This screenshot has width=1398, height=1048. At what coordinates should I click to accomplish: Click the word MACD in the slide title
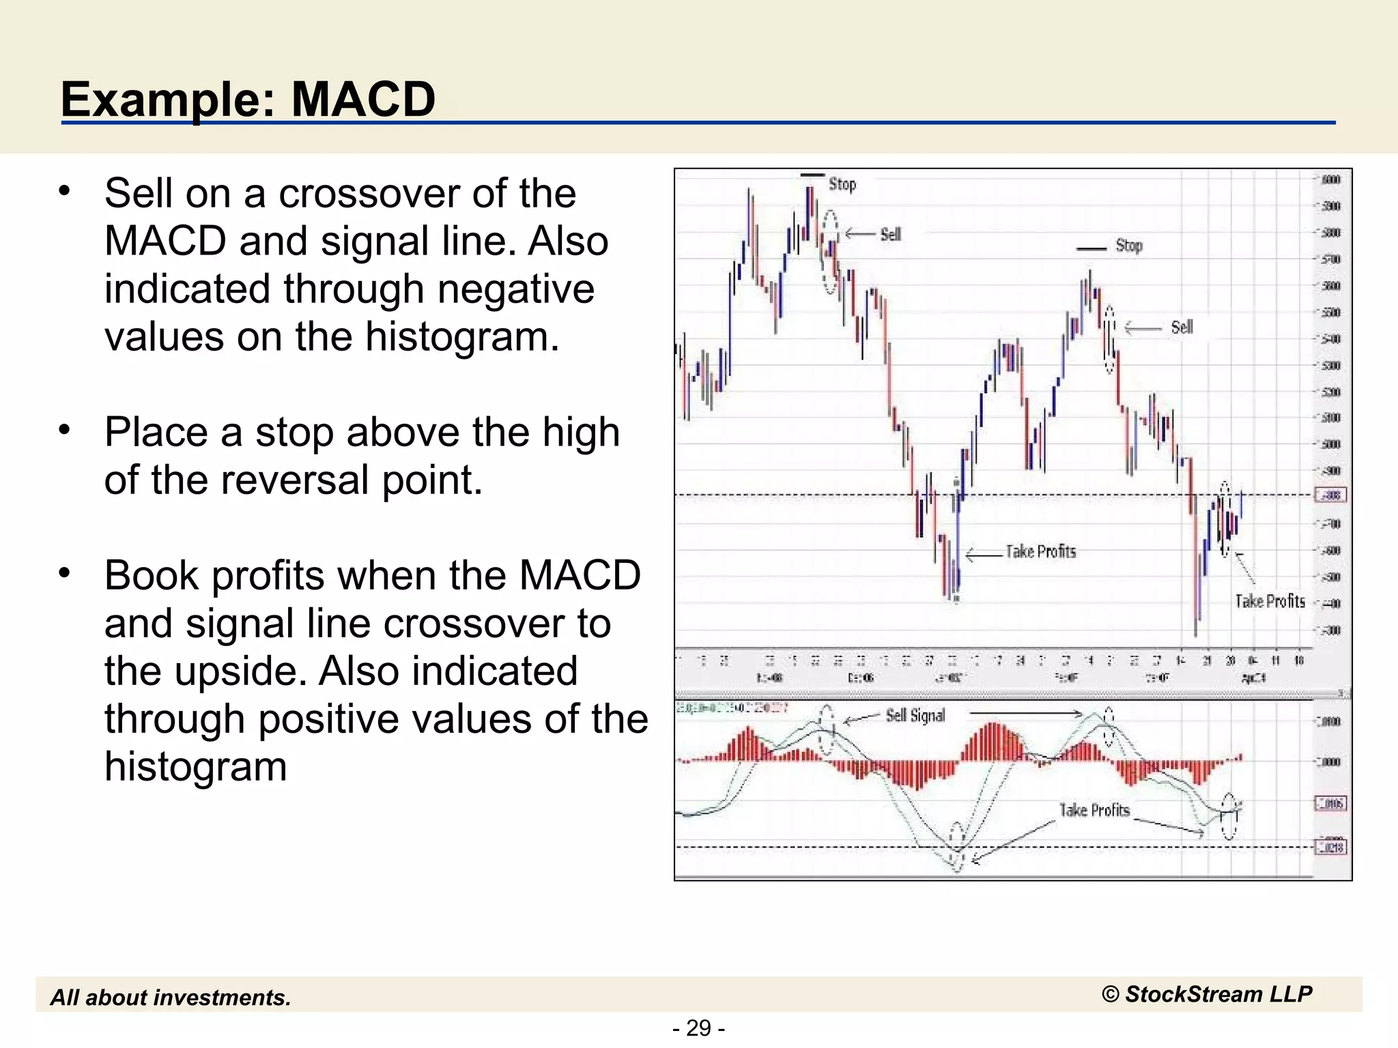[363, 100]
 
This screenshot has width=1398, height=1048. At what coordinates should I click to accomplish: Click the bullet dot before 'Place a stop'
[64, 431]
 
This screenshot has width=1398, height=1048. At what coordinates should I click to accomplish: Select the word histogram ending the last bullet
[195, 766]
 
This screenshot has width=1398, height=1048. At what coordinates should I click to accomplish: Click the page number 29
[698, 1028]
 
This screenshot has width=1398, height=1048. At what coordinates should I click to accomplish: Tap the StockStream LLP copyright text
[1206, 994]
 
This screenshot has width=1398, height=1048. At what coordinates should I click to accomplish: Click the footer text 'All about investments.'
[171, 998]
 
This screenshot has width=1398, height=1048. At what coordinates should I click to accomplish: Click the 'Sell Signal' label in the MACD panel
[915, 716]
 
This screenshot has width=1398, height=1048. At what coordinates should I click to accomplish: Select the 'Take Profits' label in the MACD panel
[1094, 810]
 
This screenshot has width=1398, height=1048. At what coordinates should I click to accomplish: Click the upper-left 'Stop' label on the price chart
[842, 184]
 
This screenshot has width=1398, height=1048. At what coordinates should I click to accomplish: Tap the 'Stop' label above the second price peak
[1128, 246]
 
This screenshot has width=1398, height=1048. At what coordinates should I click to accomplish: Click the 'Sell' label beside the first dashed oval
[890, 235]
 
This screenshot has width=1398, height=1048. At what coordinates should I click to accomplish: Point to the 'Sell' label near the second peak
[1182, 327]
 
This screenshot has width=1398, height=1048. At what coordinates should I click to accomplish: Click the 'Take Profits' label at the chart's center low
[1040, 551]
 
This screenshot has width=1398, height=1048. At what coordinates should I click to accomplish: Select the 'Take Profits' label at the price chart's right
[1270, 601]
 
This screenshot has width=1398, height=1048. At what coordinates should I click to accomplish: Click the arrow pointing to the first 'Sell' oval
[859, 234]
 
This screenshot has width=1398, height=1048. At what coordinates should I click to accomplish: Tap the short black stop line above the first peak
[812, 175]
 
